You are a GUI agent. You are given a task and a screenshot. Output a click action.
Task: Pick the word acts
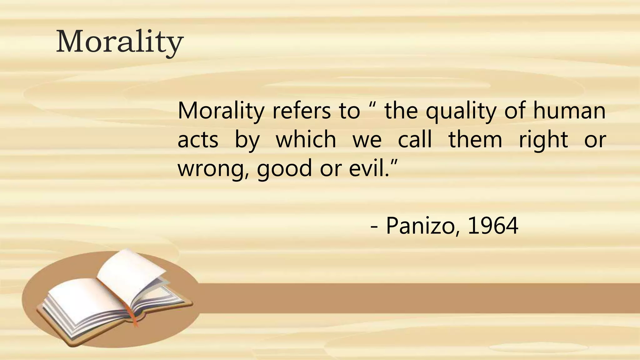click(198, 140)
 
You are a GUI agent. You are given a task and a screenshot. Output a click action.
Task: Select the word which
click(306, 140)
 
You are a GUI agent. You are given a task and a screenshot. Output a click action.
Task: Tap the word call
click(415, 140)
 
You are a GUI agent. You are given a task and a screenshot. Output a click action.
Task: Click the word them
click(475, 140)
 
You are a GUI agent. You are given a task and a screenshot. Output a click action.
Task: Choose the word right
click(543, 140)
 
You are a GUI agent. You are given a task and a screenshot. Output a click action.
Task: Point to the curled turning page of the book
click(131, 269)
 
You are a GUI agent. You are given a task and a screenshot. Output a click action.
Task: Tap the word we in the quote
click(367, 140)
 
